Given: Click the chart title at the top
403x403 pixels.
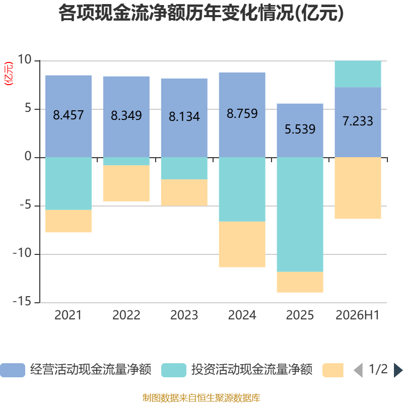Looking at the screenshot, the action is (x=201, y=13).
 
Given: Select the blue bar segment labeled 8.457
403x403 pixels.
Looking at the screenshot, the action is (x=69, y=116).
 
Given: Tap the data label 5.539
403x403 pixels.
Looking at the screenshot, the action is (x=300, y=129).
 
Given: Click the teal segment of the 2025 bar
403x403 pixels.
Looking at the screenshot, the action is (x=300, y=215).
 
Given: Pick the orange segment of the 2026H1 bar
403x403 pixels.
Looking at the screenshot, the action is (x=358, y=188).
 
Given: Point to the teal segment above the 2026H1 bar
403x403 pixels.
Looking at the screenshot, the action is (x=358, y=74).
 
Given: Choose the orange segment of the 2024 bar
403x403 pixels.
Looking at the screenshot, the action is (x=242, y=244).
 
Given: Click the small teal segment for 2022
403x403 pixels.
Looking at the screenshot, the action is (x=126, y=161).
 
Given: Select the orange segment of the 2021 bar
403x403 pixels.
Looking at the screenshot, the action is (x=69, y=221).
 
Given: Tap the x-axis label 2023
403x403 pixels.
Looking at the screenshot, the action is (x=184, y=315).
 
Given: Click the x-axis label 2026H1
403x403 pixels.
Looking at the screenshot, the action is (x=358, y=315).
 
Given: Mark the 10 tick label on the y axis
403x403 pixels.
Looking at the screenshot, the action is (x=25, y=59).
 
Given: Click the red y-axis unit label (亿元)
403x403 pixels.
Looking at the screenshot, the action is (x=9, y=74).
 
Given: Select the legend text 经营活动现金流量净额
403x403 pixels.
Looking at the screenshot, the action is (x=91, y=369).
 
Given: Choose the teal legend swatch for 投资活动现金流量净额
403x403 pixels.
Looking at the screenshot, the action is (x=174, y=370).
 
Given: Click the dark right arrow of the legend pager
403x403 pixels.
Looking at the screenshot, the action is (x=398, y=370).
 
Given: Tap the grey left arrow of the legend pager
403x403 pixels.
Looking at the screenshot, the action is (x=358, y=370).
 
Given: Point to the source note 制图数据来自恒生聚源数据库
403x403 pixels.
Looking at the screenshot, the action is (x=201, y=398).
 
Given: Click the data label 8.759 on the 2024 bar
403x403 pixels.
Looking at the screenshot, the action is (x=242, y=114).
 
